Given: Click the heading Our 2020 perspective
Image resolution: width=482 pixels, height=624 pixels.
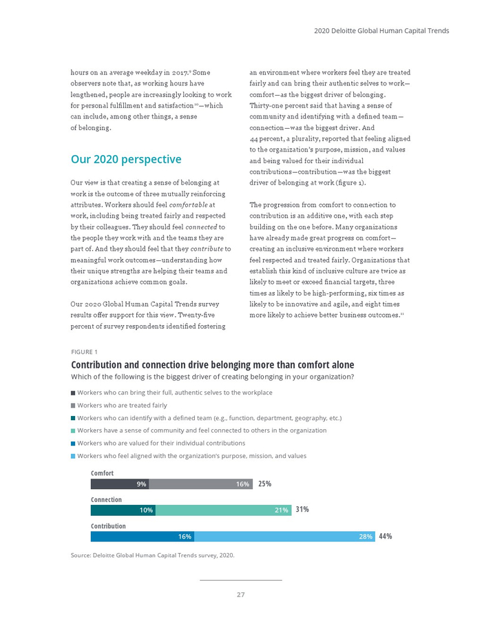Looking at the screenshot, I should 126,160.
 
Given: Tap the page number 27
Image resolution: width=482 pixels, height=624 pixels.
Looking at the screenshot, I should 241,595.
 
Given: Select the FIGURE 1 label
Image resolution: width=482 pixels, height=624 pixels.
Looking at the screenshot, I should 85,352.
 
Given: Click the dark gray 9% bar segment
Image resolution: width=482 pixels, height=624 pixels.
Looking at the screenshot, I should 120,484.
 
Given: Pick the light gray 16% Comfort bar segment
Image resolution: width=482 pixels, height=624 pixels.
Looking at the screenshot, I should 200,484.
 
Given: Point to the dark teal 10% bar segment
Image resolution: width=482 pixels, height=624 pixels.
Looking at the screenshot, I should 123,510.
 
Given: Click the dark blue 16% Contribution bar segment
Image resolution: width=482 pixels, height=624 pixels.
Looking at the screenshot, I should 142,537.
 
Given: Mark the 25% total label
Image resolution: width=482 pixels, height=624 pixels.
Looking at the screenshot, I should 264,484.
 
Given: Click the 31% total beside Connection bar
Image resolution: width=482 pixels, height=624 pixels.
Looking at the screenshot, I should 302,510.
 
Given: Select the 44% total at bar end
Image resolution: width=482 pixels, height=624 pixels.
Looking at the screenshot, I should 386,537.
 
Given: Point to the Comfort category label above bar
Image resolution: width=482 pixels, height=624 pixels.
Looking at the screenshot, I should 102,473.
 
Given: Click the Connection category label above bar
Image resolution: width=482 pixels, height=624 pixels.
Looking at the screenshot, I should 106,499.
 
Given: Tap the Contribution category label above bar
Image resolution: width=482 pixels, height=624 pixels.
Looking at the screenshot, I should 108,526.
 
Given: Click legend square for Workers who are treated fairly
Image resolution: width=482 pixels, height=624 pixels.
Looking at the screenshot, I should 74,406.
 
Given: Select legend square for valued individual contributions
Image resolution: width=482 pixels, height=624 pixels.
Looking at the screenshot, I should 74,444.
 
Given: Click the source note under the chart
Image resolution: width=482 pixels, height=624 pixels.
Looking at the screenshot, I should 153,554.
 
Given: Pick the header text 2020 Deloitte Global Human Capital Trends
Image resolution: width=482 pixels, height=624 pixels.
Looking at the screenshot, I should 381,31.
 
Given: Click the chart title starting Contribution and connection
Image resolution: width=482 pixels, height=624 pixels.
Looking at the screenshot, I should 213,365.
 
